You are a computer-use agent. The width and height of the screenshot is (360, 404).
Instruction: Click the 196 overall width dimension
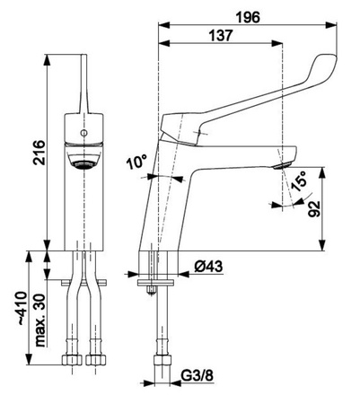click(x=248, y=18)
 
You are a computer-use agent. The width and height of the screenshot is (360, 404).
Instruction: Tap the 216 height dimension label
click(x=40, y=152)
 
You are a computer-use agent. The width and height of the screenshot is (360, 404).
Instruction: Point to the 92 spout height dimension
click(x=315, y=208)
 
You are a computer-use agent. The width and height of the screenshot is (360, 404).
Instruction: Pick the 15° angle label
click(x=298, y=180)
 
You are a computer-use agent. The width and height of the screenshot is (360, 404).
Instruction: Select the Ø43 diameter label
click(x=208, y=266)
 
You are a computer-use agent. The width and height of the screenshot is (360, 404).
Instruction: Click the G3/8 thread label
click(x=198, y=375)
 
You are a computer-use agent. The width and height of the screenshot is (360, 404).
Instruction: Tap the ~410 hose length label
click(x=22, y=308)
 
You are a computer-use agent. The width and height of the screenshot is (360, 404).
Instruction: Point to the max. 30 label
click(x=40, y=320)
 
